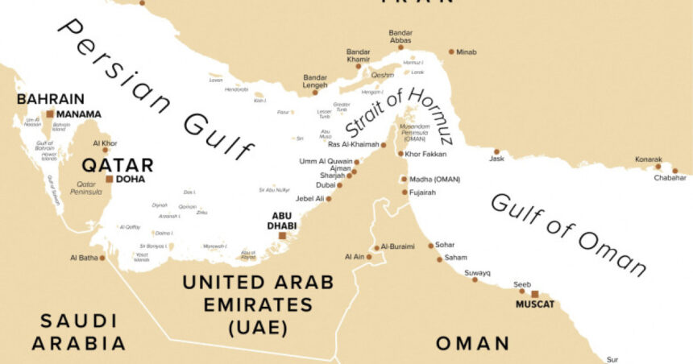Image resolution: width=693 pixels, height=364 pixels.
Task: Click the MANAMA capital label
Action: click(79, 114)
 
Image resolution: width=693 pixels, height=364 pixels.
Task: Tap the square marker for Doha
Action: click(110, 179)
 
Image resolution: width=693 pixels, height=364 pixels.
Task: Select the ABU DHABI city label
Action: click(282, 221)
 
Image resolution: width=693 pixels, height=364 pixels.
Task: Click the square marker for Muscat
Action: click(534, 294)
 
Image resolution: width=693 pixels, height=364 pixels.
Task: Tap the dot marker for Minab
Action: click(451, 52)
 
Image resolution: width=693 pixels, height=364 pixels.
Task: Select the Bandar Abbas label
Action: click(400, 38)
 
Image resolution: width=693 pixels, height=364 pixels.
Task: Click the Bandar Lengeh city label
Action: click(314, 81)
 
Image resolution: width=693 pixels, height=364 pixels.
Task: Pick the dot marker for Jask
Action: click(497, 151)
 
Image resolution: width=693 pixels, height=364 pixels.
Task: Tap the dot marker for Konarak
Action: click(658, 167)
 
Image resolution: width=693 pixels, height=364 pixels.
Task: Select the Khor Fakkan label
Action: click(425, 153)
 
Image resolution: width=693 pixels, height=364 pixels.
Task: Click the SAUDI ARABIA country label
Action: click(79, 332)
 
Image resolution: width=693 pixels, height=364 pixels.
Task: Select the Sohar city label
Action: click(445, 244)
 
